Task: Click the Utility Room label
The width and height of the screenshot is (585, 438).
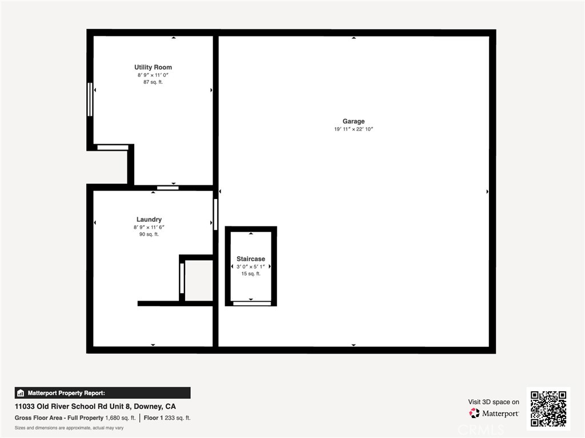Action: [153, 67]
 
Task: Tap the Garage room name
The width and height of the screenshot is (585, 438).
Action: [353, 121]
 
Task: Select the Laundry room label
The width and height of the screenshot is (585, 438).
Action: [149, 220]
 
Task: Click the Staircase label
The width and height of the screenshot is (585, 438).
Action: [251, 259]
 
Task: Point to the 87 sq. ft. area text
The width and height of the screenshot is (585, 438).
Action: [153, 82]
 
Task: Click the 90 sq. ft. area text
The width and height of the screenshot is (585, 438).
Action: [149, 234]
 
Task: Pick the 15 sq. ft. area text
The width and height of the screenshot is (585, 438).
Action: [251, 274]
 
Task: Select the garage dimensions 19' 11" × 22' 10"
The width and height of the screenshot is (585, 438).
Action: [353, 129]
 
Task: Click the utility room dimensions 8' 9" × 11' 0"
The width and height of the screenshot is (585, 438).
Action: [153, 75]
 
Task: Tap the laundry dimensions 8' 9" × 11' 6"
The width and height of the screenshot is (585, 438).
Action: [149, 227]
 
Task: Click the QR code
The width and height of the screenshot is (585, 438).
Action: [548, 408]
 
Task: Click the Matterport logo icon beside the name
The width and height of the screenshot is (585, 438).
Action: [474, 413]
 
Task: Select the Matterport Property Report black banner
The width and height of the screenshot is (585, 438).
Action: [103, 393]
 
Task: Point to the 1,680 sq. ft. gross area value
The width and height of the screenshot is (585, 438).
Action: [120, 418]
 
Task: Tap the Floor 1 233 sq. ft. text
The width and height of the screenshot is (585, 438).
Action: [167, 418]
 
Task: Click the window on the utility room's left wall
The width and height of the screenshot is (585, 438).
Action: [90, 99]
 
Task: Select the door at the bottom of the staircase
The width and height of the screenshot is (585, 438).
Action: [252, 303]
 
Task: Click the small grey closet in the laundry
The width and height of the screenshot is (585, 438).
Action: [199, 281]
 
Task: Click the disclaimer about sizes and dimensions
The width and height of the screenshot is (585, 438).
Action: [69, 428]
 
